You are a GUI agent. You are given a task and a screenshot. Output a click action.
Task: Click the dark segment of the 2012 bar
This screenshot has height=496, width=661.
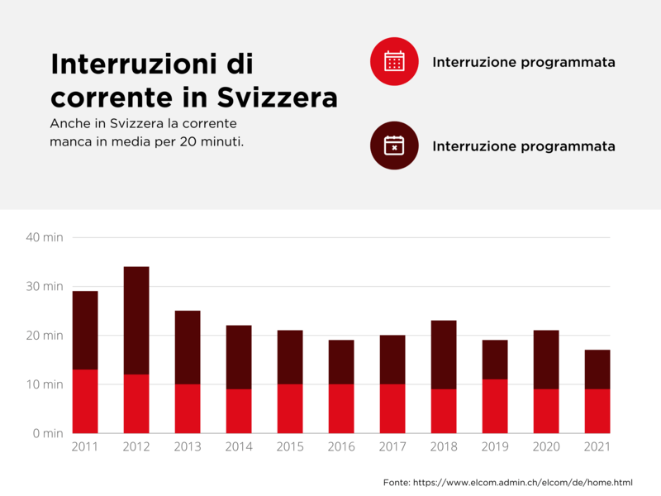tap(136, 321)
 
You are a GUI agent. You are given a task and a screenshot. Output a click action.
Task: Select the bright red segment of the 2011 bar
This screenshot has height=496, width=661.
tap(85, 401)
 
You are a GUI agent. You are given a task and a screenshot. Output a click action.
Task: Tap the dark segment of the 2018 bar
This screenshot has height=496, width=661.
tap(444, 355)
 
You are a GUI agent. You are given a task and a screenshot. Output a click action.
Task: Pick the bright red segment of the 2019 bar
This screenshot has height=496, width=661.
tap(495, 406)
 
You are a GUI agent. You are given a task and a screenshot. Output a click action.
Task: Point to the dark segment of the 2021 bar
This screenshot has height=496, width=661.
tap(597, 370)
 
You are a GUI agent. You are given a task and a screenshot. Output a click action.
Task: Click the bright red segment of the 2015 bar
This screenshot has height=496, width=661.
tap(290, 408)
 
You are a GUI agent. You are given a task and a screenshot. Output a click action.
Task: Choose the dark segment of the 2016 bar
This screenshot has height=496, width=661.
tap(341, 362)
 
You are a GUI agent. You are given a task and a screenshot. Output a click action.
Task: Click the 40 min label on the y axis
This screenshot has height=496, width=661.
tap(45, 238)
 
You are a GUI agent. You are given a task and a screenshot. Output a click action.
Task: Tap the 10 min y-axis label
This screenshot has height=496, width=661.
tap(45, 384)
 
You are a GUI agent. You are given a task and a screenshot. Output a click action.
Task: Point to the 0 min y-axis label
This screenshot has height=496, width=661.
tap(47, 433)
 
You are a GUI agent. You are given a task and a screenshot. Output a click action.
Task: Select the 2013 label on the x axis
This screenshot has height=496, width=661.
tap(188, 447)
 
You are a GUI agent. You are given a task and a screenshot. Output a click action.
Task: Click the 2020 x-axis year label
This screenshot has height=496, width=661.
tap(545, 447)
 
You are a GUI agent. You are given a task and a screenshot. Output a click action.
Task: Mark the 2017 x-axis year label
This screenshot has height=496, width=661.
tap(392, 447)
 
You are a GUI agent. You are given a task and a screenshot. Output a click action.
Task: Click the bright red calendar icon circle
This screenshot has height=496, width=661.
tap(394, 62)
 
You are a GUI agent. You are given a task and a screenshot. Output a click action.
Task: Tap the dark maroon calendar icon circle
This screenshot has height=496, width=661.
tap(394, 146)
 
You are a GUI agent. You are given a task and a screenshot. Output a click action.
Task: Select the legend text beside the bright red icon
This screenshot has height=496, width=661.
tap(523, 63)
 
